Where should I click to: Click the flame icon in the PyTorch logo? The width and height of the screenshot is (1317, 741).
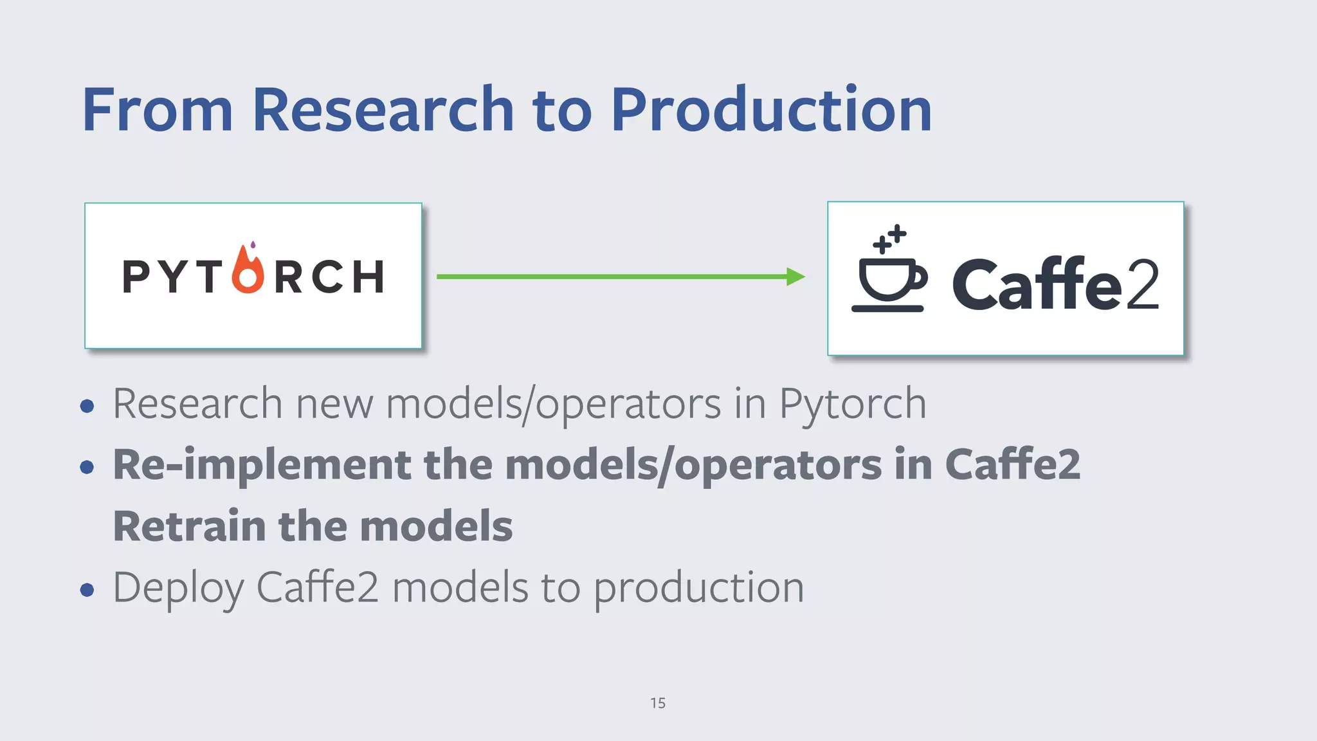coord(248,270)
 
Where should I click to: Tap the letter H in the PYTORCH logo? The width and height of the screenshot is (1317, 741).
coord(368,277)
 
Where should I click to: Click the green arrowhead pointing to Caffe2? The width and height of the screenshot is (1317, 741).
coord(795,277)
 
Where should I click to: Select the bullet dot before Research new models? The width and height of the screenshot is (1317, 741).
coord(87,406)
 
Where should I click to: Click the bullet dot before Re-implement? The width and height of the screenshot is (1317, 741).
coord(87,466)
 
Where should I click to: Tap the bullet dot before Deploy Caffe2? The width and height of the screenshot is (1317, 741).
coord(87,589)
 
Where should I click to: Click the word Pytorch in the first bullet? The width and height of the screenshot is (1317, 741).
coord(853,404)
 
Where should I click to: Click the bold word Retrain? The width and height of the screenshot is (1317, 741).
coord(186,526)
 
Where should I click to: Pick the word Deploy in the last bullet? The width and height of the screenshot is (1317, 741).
coord(178,588)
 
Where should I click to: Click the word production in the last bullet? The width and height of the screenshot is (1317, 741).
coord(698,588)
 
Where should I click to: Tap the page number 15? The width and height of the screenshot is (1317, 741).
coord(658,703)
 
